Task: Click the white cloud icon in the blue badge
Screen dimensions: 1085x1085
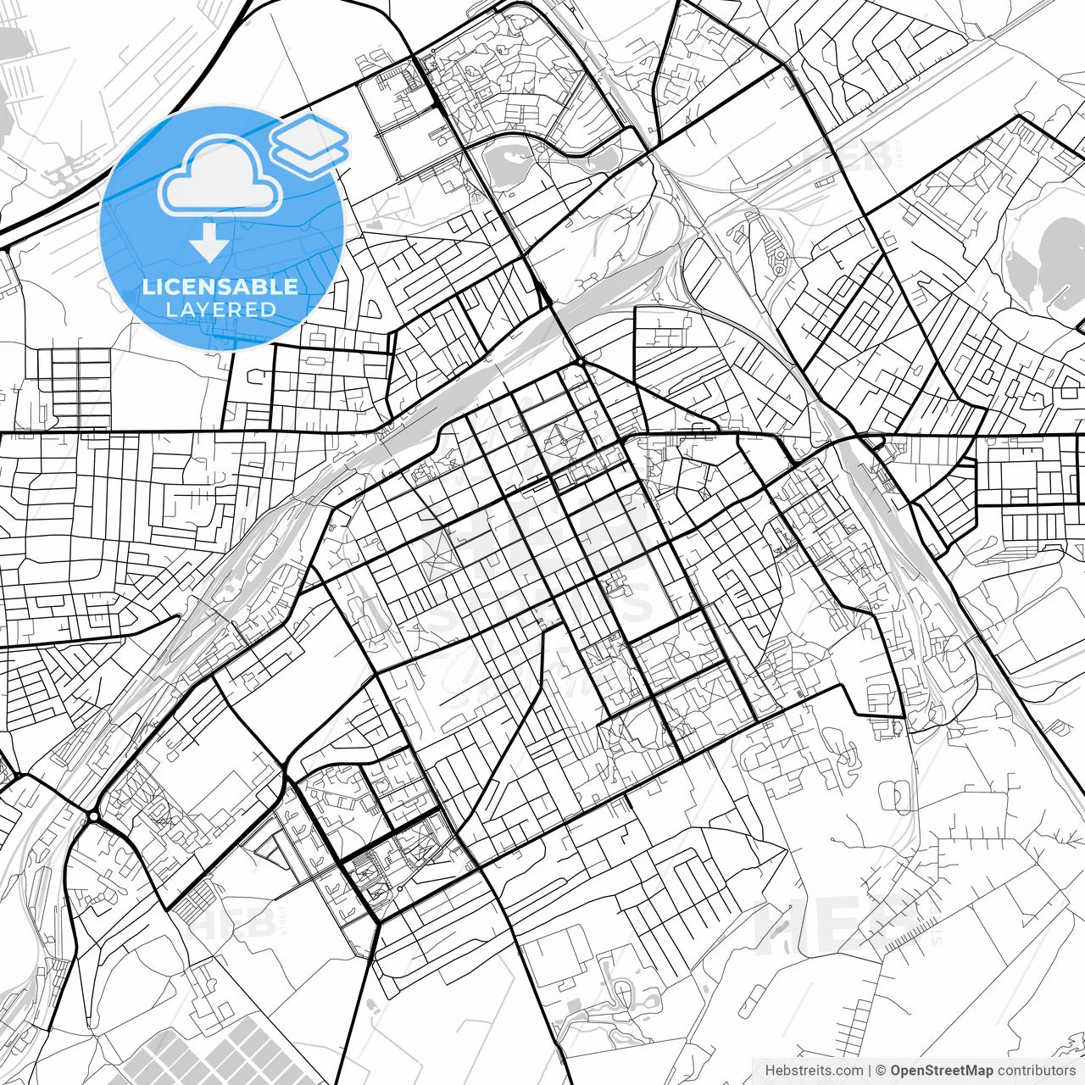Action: (220, 176)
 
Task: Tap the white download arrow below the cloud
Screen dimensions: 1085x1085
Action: (209, 243)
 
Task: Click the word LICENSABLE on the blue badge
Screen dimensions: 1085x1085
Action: (220, 287)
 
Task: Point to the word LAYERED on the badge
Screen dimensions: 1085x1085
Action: (220, 310)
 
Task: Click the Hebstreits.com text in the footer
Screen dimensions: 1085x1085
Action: (814, 1071)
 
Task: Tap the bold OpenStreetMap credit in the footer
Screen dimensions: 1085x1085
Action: (942, 1071)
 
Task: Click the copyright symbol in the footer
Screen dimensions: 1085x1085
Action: (881, 1071)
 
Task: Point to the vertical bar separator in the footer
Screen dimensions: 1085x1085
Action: (871, 1071)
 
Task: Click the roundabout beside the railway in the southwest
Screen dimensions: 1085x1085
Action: (92, 815)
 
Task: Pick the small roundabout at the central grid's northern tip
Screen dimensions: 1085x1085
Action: (581, 363)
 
